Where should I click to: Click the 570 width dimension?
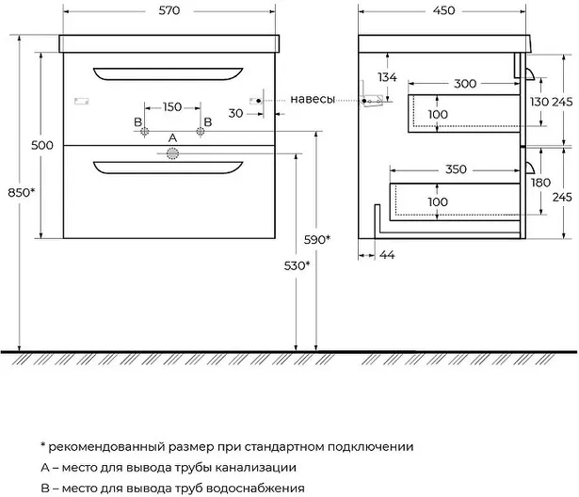point(169,10)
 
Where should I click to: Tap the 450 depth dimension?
point(443,10)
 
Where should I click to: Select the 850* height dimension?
point(21,192)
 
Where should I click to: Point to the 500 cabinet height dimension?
point(42,145)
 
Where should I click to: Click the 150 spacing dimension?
point(172,107)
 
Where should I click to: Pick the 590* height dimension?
point(317,240)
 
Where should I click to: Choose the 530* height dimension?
point(297,265)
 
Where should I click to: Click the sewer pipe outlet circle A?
point(172,153)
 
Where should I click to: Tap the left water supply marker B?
point(144,131)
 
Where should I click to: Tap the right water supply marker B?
point(201,131)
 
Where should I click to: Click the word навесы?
point(313,100)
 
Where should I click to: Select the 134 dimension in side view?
point(387,77)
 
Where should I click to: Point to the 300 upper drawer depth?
point(465,84)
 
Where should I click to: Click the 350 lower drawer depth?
point(456,169)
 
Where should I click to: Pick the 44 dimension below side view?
point(387,255)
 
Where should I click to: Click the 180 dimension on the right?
point(540,183)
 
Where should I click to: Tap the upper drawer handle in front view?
point(168,73)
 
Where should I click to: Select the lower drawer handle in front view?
point(168,168)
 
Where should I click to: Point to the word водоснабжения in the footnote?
point(255,489)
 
